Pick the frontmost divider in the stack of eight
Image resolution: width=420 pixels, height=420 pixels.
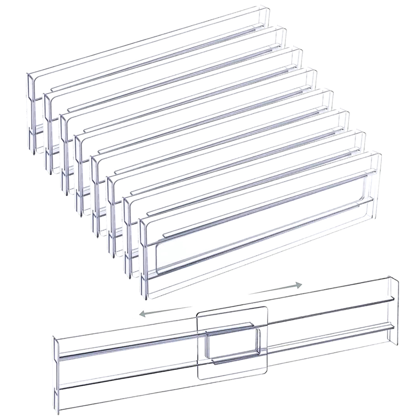coord(259,224)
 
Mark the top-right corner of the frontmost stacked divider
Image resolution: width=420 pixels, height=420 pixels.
coord(380,154)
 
